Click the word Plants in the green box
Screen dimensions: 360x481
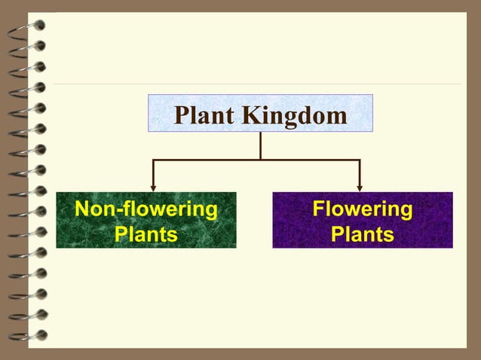tap(146, 234)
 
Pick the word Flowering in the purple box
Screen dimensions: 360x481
tap(362, 209)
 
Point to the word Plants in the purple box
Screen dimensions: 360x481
tap(362, 234)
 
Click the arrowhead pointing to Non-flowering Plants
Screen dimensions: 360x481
tap(154, 188)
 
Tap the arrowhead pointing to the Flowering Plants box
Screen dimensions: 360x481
tap(360, 188)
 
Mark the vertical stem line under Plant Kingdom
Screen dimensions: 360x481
tap(260, 146)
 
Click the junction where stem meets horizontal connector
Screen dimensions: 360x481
tap(260, 160)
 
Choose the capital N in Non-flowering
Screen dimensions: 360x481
tap(81, 209)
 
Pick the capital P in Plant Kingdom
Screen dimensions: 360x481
tap(181, 116)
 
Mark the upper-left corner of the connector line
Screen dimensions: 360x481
tap(154, 160)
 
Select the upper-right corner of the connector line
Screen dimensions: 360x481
tap(360, 160)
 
